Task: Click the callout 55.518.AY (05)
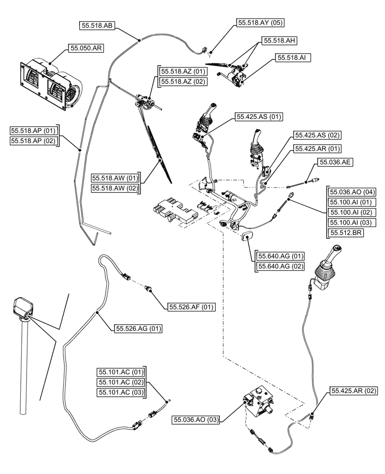[261, 22]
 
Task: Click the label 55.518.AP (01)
[33, 130]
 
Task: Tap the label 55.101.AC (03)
[120, 392]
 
